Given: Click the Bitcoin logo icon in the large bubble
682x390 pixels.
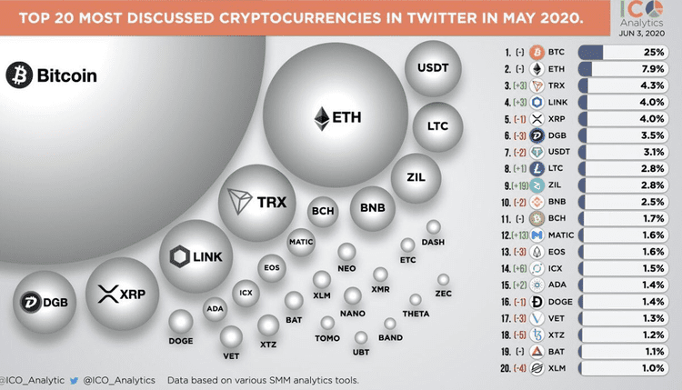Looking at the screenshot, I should pos(20,75).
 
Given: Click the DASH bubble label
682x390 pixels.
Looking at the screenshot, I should pos(434,241).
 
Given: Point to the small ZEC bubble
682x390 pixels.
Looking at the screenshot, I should pos(444,280).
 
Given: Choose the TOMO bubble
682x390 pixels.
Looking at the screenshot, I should pos(328,324).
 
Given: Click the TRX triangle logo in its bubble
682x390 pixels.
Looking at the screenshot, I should pos(241,201).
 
